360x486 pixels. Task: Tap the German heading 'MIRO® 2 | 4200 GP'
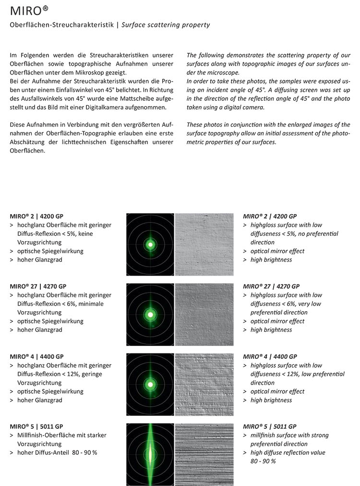coord(36,216)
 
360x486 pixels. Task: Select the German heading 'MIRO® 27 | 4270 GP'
coord(38,286)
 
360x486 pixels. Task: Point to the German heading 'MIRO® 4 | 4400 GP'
coord(36,356)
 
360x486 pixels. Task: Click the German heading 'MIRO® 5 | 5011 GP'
coord(36,426)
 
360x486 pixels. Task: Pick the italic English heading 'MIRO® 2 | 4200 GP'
coord(270,216)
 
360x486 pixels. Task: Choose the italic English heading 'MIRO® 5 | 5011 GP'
coord(270,426)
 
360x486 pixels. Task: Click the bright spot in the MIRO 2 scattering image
coord(150,244)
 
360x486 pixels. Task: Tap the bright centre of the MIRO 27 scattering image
coord(150,315)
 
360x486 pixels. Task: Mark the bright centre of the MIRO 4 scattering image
coord(150,384)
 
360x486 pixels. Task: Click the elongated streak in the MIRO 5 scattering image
coord(150,454)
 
